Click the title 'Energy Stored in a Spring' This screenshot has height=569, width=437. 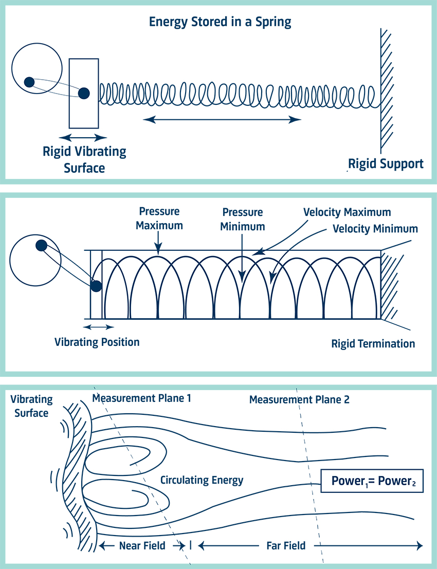(220, 22)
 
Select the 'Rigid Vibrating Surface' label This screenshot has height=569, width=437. (84, 159)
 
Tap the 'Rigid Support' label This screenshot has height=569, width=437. (386, 164)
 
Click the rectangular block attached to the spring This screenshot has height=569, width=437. (84, 93)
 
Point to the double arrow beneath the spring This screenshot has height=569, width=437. (222, 120)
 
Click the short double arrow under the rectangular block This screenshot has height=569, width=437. (83, 138)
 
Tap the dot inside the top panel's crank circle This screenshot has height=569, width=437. (29, 81)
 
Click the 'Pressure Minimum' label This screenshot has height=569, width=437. (243, 219)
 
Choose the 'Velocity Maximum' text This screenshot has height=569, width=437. (347, 212)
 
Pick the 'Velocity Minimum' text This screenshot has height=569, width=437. (375, 228)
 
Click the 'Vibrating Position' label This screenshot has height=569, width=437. (97, 342)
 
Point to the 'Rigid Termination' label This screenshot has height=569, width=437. (373, 343)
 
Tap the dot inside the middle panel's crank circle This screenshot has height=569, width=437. (41, 245)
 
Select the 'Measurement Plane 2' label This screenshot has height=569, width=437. (299, 399)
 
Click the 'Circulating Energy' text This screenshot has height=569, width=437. (202, 481)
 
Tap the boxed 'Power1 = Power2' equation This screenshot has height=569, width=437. (372, 481)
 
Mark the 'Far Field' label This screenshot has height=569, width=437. (286, 545)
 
